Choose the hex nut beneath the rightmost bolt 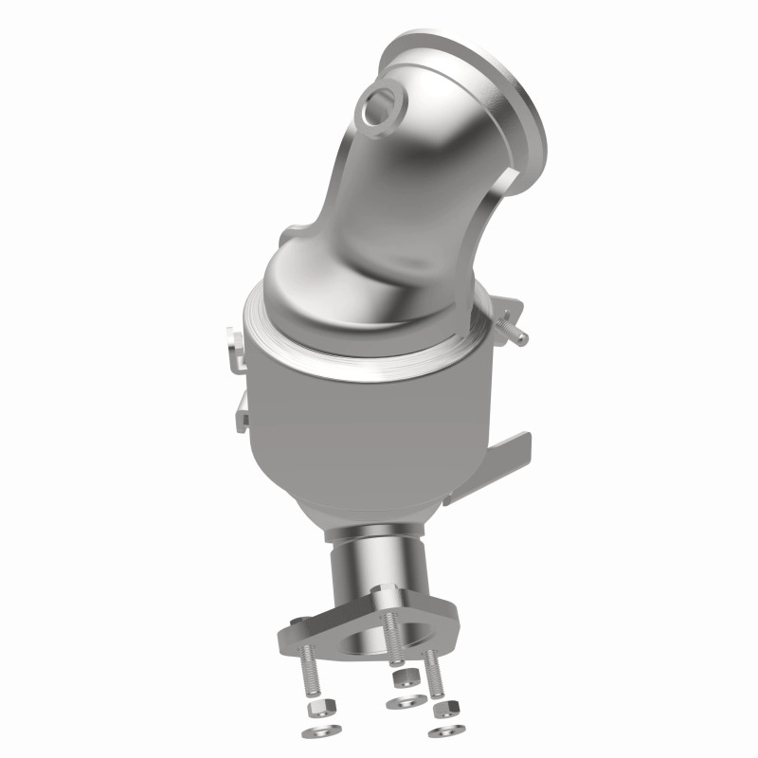coord(443,708)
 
